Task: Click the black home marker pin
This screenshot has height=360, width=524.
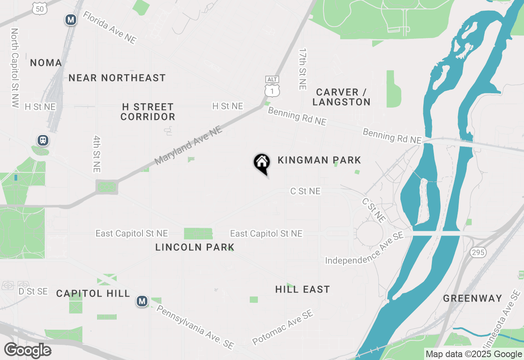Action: pyautogui.click(x=262, y=163)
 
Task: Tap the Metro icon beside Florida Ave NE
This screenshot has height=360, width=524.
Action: pyautogui.click(x=71, y=19)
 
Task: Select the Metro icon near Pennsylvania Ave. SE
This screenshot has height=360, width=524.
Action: pyautogui.click(x=142, y=301)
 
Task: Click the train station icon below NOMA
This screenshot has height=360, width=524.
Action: pyautogui.click(x=43, y=140)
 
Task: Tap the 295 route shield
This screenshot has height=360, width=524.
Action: pyautogui.click(x=478, y=252)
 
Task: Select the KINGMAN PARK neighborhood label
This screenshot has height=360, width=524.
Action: pyautogui.click(x=319, y=160)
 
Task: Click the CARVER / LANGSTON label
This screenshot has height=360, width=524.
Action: pyautogui.click(x=343, y=97)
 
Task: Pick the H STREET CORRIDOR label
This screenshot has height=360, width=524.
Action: pyautogui.click(x=148, y=112)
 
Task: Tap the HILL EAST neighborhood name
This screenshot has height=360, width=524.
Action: pyautogui.click(x=303, y=289)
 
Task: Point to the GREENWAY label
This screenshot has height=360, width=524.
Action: pyautogui.click(x=472, y=298)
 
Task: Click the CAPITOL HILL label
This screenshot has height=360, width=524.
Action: pyautogui.click(x=93, y=293)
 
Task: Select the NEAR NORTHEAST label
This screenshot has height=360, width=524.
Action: pyautogui.click(x=117, y=78)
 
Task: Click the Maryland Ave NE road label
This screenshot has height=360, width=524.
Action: pyautogui.click(x=188, y=146)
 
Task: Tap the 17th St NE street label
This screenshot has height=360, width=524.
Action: pyautogui.click(x=303, y=69)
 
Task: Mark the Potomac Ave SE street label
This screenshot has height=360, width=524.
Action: pyautogui.click(x=282, y=327)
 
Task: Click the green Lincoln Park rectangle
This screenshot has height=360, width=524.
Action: pyautogui.click(x=198, y=234)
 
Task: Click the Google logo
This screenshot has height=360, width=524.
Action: pyautogui.click(x=28, y=351)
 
